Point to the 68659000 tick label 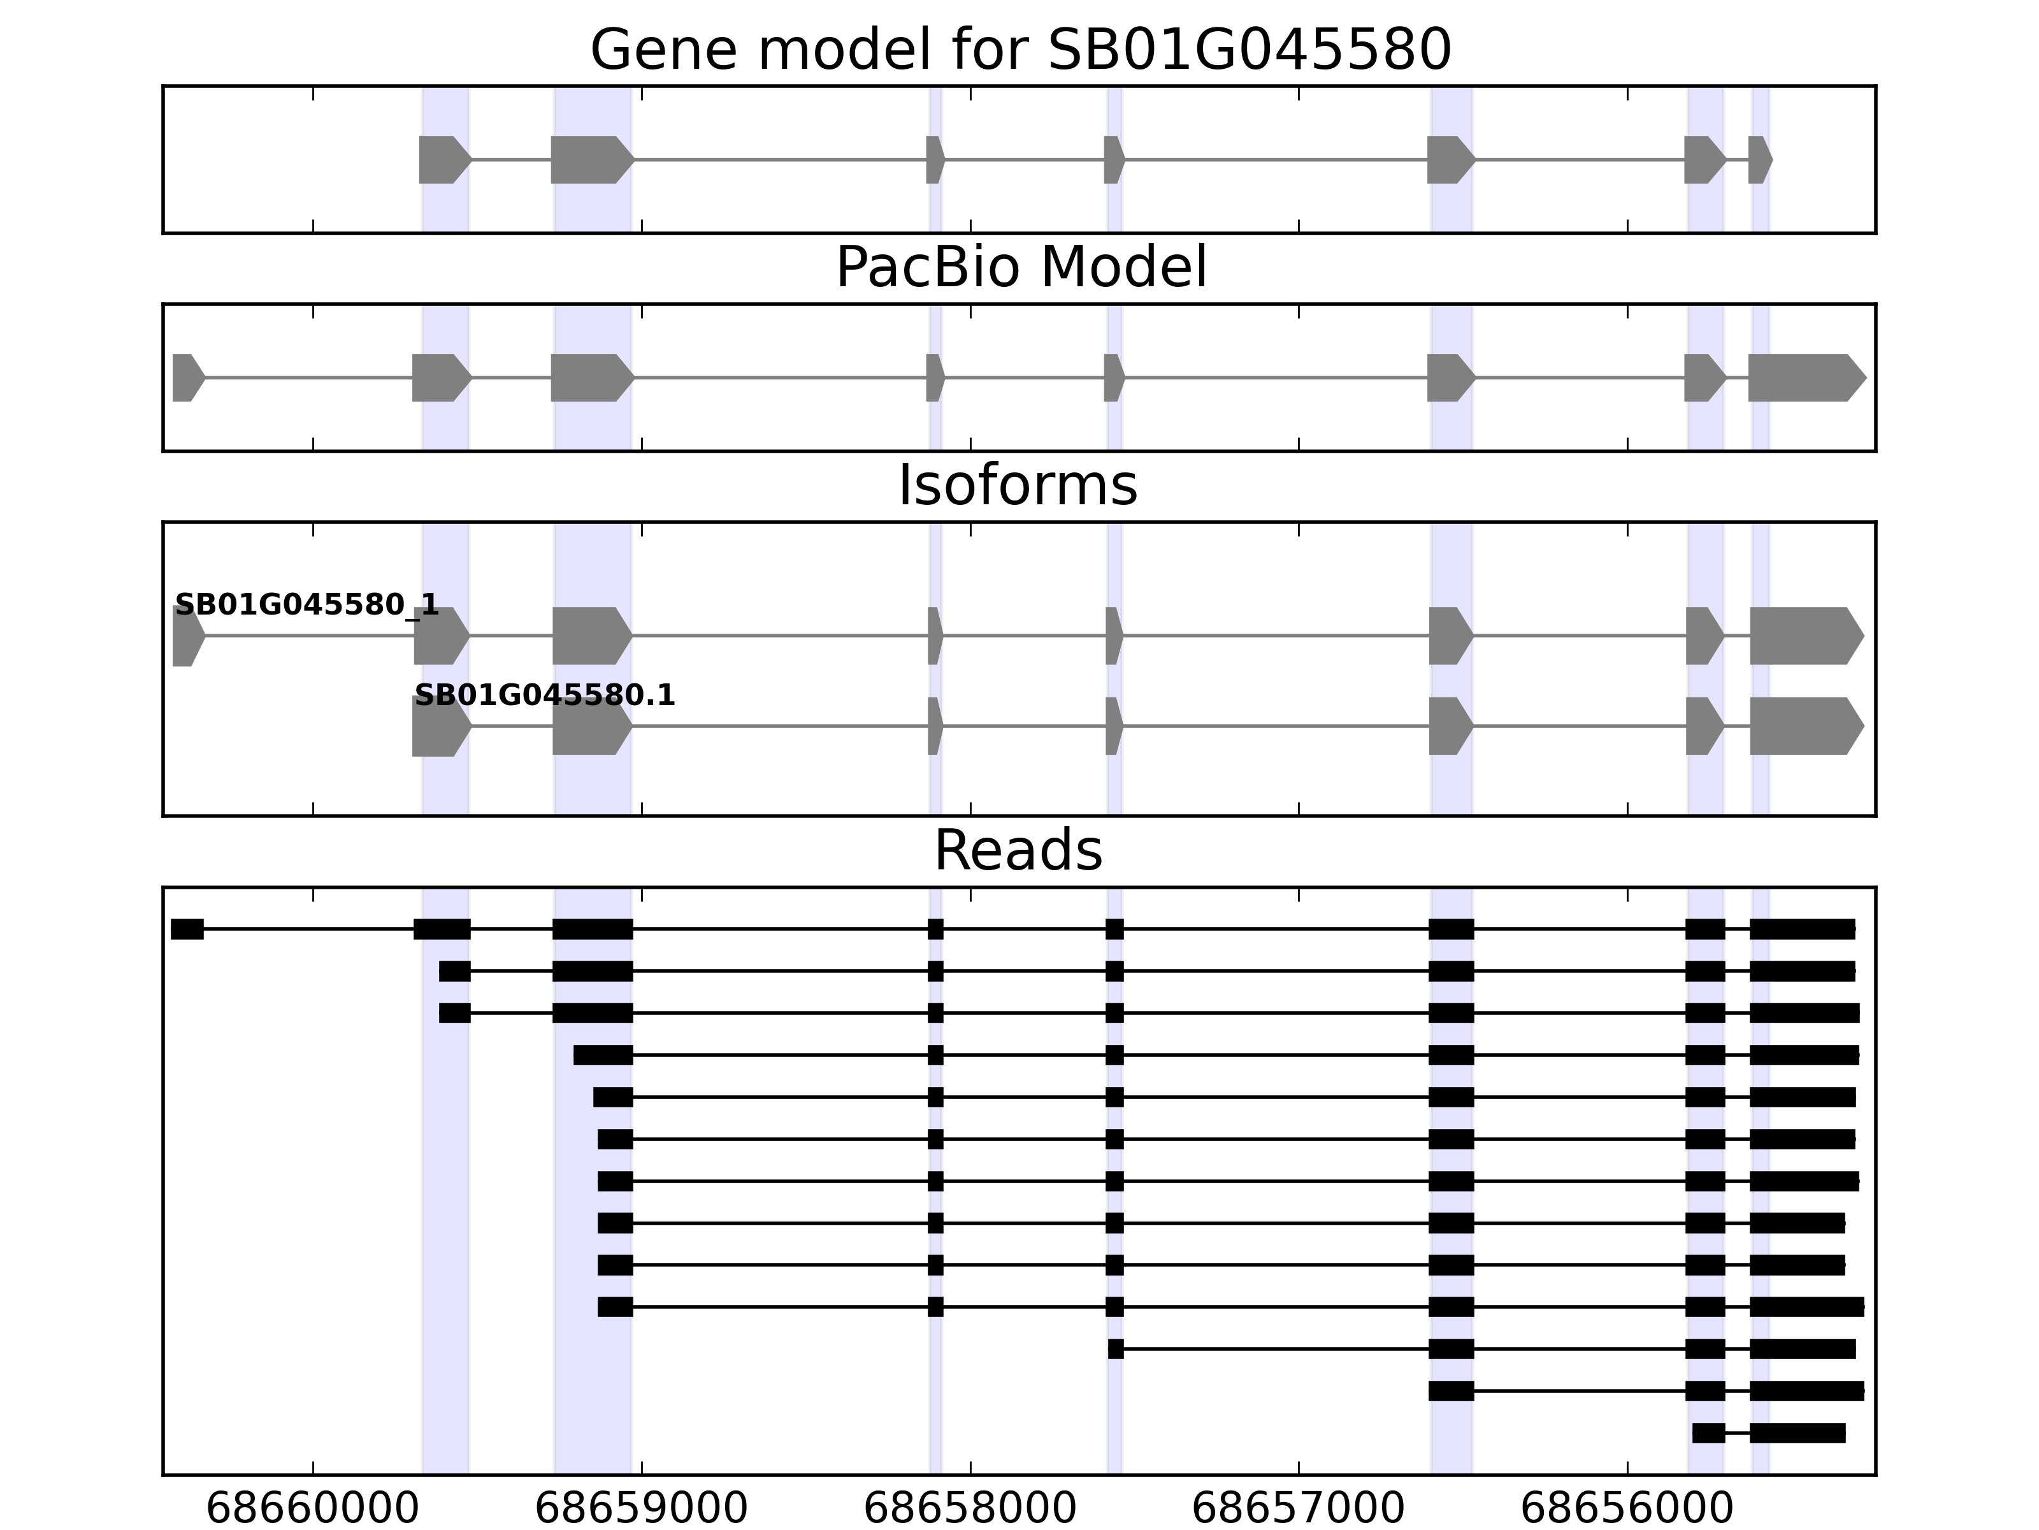[x=642, y=1509]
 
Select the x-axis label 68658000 [x=970, y=1509]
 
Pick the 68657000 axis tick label [x=1298, y=1509]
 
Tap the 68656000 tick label [x=1627, y=1509]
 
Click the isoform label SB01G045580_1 [x=307, y=605]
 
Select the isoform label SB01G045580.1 [x=545, y=696]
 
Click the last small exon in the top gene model [x=1759, y=159]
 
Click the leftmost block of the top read [x=187, y=929]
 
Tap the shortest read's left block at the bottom [x=1708, y=1433]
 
